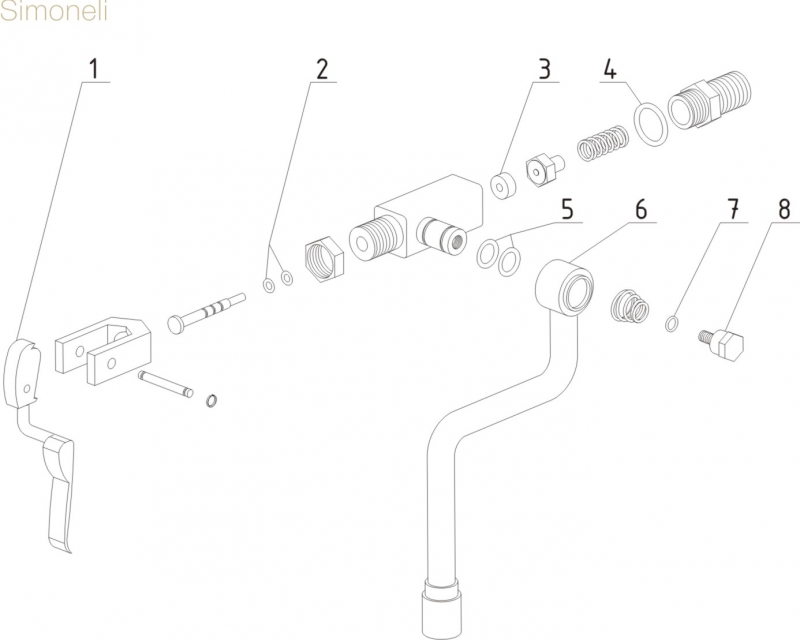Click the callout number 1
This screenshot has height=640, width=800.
click(94, 70)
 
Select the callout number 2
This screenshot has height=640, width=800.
click(322, 70)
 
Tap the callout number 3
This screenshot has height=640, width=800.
click(544, 70)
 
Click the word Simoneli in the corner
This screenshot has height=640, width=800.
click(50, 13)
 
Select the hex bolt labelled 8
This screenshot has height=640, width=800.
click(727, 345)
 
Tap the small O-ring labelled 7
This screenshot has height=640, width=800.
click(672, 322)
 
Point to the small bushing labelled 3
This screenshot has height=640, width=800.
click(502, 186)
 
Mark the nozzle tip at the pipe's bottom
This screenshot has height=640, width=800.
click(441, 608)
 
